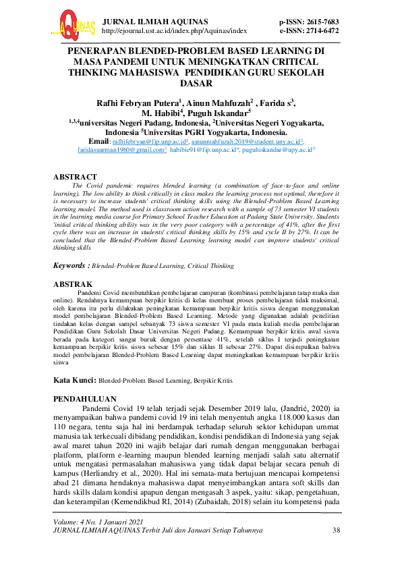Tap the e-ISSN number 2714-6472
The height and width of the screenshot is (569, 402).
[320, 30]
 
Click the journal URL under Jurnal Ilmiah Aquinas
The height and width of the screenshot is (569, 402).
[173, 30]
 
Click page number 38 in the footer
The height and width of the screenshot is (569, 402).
[337, 531]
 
